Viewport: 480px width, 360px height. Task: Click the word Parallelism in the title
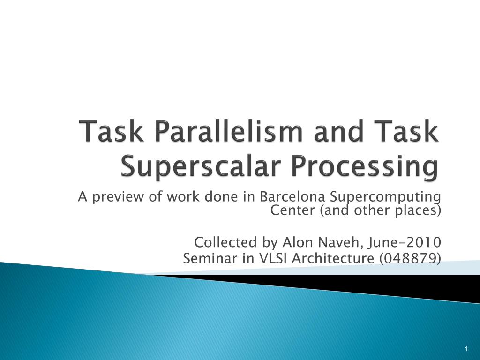pyautogui.click(x=228, y=131)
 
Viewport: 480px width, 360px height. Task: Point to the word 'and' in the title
pyautogui.click(x=340, y=131)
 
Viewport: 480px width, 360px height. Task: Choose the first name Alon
pyautogui.click(x=298, y=242)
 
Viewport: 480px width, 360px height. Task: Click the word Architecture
pyautogui.click(x=333, y=258)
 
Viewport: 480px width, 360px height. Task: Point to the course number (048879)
pyautogui.click(x=410, y=259)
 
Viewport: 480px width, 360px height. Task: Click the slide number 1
pyautogui.click(x=466, y=349)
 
